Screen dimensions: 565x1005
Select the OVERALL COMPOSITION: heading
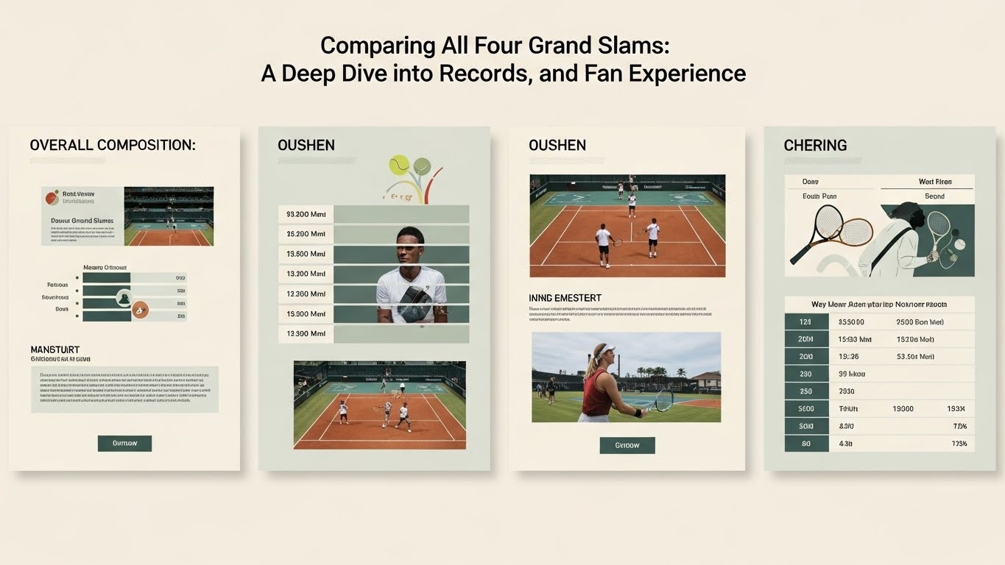113,145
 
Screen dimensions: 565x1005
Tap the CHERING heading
815,145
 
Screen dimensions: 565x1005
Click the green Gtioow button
627,445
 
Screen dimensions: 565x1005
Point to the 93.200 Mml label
306,214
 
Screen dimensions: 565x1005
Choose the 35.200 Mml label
306,234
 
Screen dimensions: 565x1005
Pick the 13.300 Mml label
306,333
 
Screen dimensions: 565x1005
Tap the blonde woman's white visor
604,350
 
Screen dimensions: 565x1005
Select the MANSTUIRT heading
55,349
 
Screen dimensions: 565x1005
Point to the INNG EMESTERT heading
565,298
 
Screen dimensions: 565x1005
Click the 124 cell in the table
804,322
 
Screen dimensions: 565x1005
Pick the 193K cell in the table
956,408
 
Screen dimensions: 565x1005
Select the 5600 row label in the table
805,408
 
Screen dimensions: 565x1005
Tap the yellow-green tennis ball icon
399,163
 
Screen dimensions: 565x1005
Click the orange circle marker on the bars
140,310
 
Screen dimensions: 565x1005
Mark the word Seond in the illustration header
934,196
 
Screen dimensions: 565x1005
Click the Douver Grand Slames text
82,221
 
